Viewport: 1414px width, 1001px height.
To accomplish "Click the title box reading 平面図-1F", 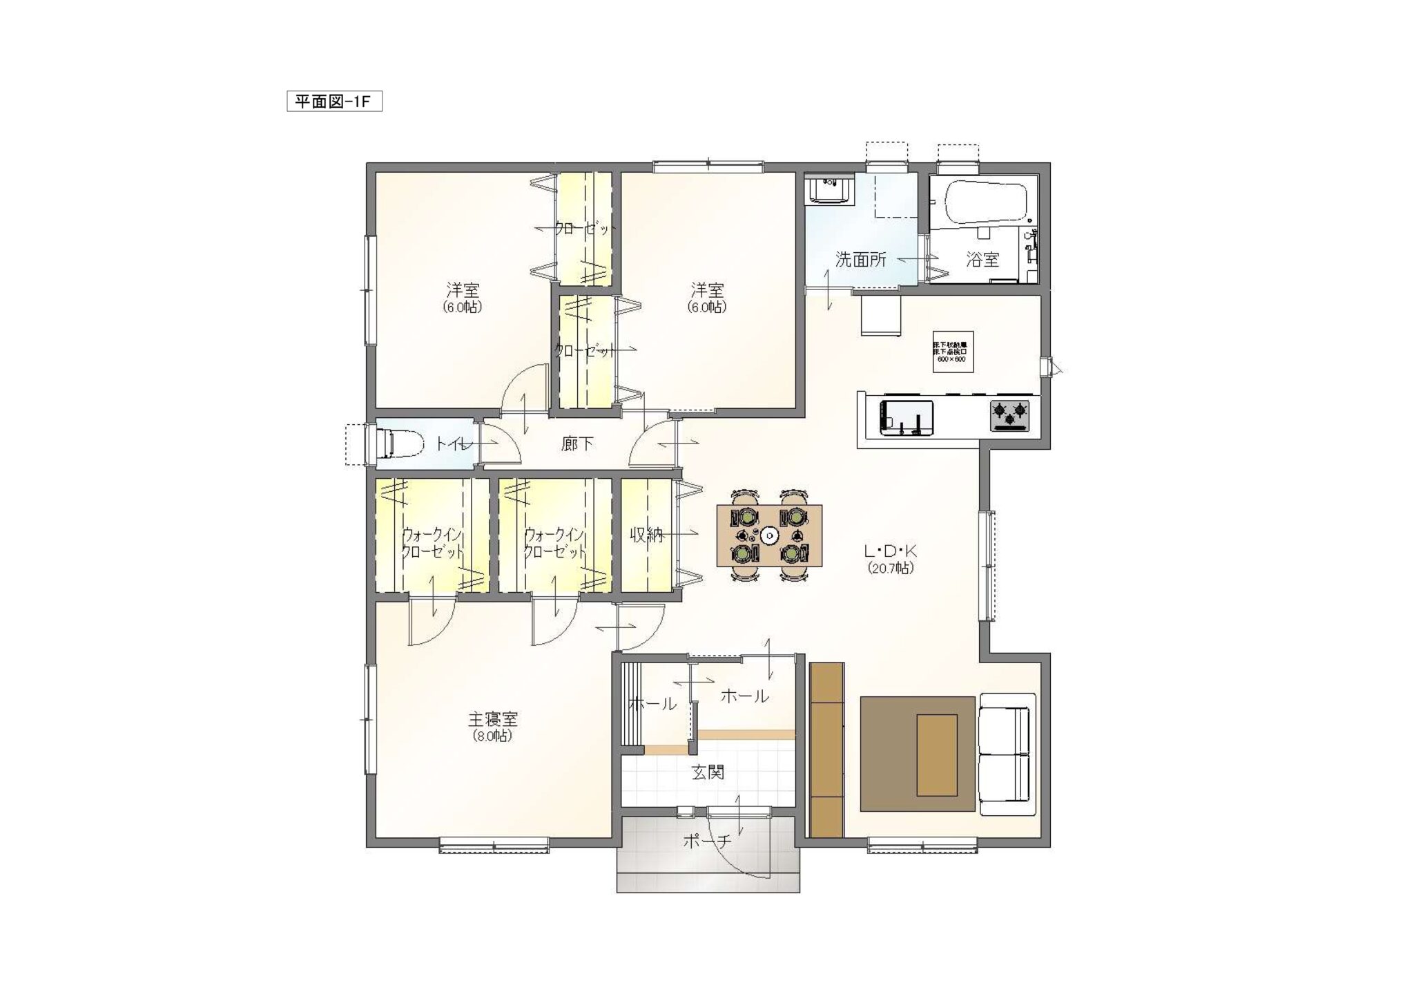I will pyautogui.click(x=334, y=102).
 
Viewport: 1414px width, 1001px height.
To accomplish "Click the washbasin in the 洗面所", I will pyautogui.click(x=830, y=190).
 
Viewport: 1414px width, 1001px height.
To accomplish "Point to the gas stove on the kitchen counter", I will pyautogui.click(x=1009, y=416).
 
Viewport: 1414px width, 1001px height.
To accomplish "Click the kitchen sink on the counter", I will pyautogui.click(x=906, y=417).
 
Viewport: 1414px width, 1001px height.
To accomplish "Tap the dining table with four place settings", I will pyautogui.click(x=769, y=535).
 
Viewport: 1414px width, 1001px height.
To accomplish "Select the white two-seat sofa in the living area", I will pyautogui.click(x=1008, y=754).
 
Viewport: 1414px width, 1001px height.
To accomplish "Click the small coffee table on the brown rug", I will pyautogui.click(x=936, y=755).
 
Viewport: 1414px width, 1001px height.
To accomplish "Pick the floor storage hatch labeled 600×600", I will pyautogui.click(x=953, y=352).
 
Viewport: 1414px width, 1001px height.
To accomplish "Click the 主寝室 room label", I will pyautogui.click(x=493, y=719).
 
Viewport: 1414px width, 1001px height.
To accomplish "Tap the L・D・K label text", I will pyautogui.click(x=891, y=551).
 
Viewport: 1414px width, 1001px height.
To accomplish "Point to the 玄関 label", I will pyautogui.click(x=708, y=772).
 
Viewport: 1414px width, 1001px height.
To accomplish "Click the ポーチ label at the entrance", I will pyautogui.click(x=706, y=841).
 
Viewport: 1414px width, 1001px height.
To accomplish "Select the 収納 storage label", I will pyautogui.click(x=646, y=535).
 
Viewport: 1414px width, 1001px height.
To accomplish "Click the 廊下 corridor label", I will pyautogui.click(x=577, y=444).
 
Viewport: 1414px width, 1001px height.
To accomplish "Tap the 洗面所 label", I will pyautogui.click(x=860, y=260).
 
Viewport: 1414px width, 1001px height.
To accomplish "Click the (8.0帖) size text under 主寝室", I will pyautogui.click(x=492, y=736).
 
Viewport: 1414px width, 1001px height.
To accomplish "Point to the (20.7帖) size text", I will pyautogui.click(x=891, y=568).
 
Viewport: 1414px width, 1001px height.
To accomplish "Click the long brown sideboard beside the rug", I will pyautogui.click(x=826, y=750).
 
